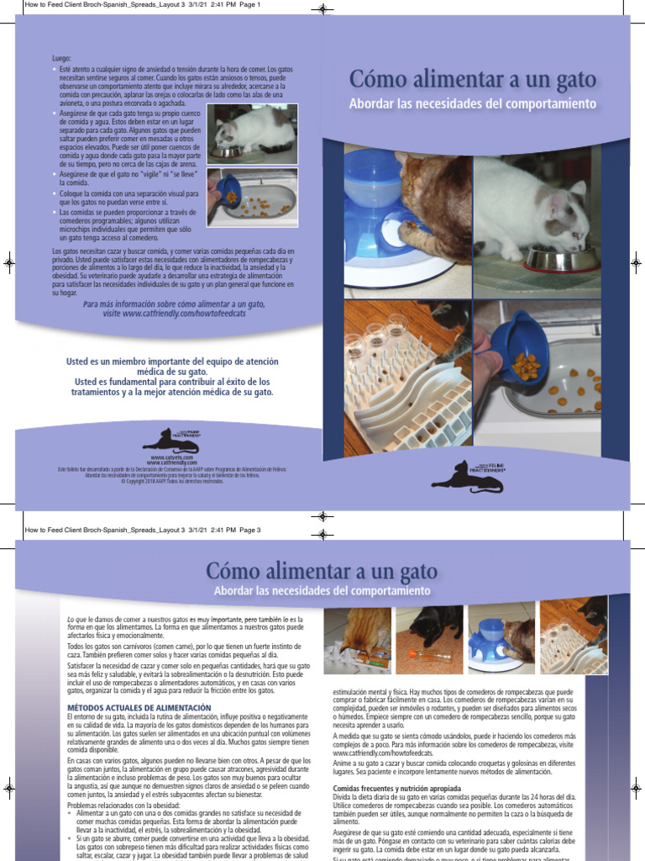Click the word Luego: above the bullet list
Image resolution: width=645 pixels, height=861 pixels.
point(62,57)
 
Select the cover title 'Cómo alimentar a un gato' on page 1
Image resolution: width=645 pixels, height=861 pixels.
point(473,80)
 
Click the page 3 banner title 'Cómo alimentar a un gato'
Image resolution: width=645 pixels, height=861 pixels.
point(322,572)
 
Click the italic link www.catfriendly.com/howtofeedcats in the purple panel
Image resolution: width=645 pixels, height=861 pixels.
point(185,313)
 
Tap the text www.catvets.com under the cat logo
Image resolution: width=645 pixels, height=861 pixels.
point(172,457)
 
